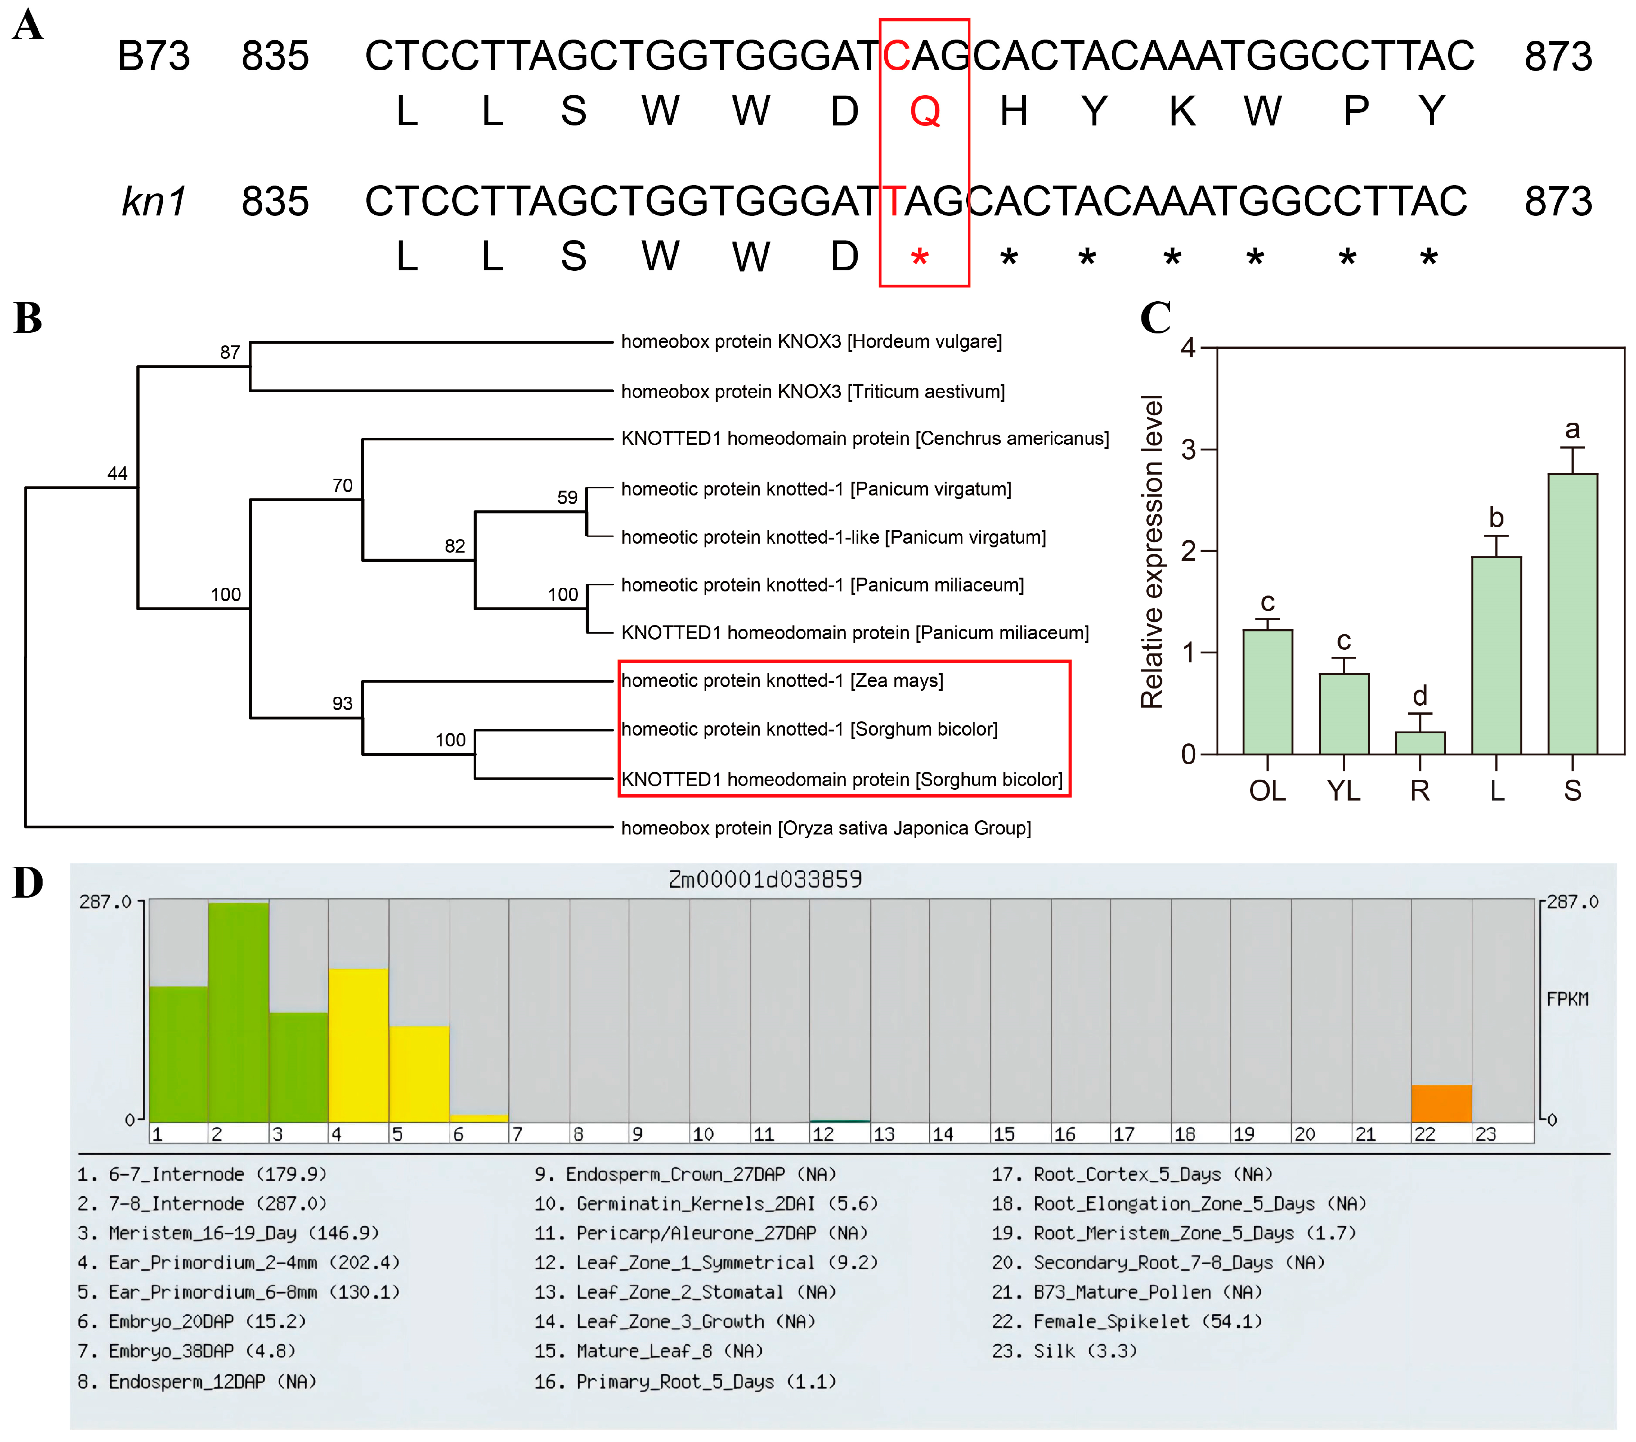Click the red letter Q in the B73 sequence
[x=924, y=111]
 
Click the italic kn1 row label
[x=154, y=201]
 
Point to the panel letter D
[x=28, y=883]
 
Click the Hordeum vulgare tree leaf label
[x=811, y=342]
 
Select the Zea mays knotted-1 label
[x=782, y=681]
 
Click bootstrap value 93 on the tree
[x=343, y=703]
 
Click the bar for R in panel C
[x=1420, y=743]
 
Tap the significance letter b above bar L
[x=1496, y=518]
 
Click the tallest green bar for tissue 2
[x=239, y=1012]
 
